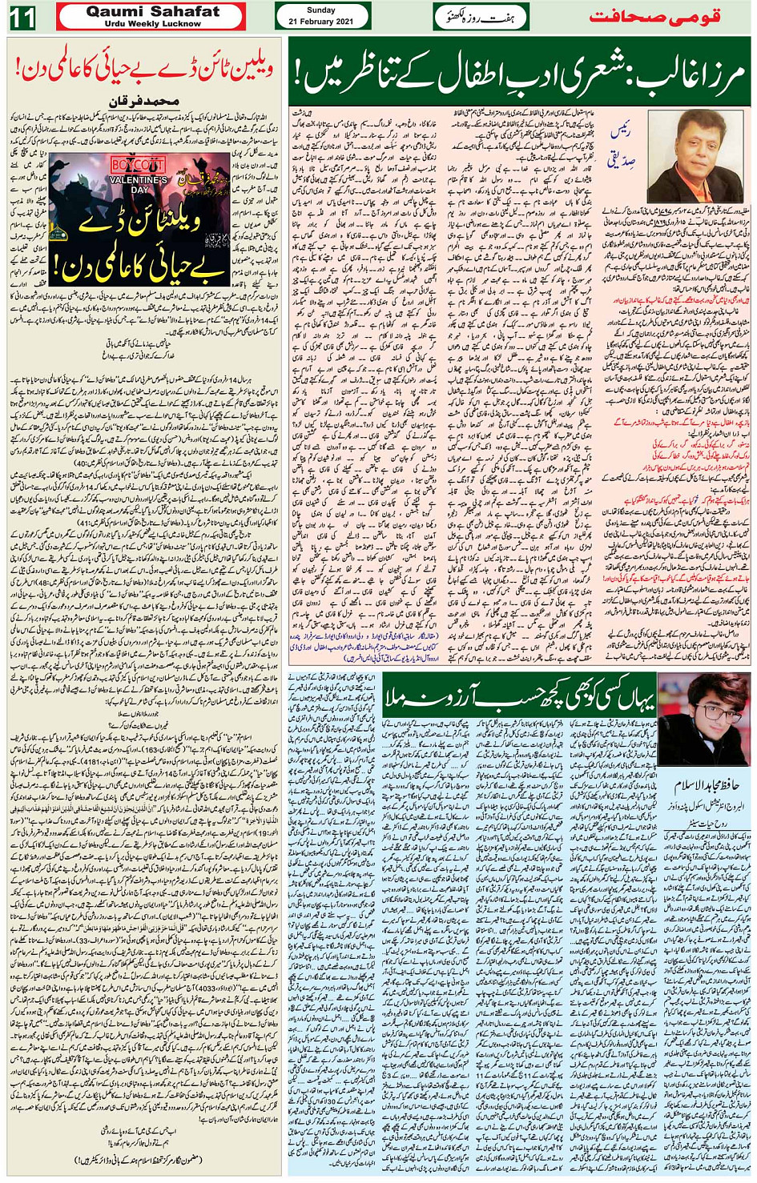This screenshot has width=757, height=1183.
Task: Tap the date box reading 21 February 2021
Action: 321,21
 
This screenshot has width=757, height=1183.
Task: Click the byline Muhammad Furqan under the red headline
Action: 143,104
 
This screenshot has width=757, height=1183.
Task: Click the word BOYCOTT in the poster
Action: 139,166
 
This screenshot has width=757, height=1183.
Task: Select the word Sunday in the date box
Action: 321,10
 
